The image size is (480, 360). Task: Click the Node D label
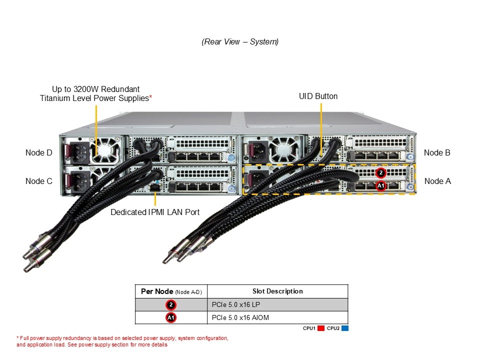[38, 152]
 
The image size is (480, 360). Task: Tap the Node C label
[38, 181]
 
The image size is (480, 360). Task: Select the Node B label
[437, 152]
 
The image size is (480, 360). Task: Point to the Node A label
[437, 181]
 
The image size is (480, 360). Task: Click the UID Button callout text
[318, 96]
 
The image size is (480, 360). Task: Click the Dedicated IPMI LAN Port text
[155, 212]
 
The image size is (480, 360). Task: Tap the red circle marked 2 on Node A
[381, 173]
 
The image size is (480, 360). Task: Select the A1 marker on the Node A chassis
[381, 185]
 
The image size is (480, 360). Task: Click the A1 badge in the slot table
[171, 317]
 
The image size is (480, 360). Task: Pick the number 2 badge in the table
[171, 304]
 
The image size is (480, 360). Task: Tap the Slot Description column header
[277, 291]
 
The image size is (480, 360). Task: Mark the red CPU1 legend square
[321, 328]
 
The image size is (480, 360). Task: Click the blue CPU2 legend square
[345, 328]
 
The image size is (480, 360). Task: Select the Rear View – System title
[240, 42]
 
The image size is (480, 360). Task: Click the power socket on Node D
[76, 151]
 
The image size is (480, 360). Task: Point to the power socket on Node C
[76, 179]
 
